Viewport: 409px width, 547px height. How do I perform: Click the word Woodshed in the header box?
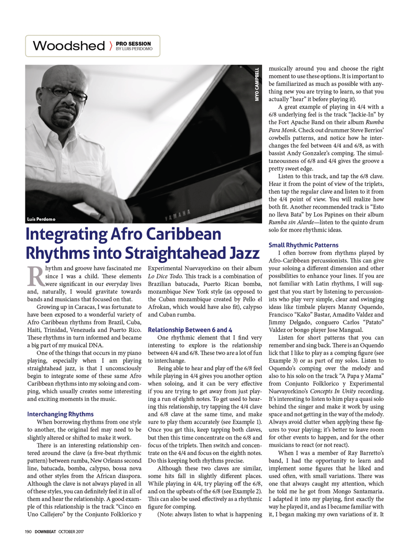pyautogui.click(x=69, y=46)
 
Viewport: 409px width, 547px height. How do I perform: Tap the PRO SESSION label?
pyautogui.click(x=133, y=44)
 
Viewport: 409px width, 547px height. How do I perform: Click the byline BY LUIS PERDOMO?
pyautogui.click(x=134, y=49)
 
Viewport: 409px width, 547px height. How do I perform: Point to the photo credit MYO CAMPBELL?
pyautogui.click(x=257, y=84)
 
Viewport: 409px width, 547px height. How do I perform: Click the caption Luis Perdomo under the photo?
pyautogui.click(x=41, y=219)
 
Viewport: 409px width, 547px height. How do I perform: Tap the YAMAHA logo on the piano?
pyautogui.click(x=178, y=215)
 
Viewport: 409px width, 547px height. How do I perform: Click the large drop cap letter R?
pyautogui.click(x=36, y=276)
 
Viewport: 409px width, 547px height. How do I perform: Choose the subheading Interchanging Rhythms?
pyautogui.click(x=60, y=414)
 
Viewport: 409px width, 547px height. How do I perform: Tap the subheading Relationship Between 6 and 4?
pyautogui.click(x=190, y=329)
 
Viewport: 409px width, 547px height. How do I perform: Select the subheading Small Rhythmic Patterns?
pyautogui.click(x=303, y=245)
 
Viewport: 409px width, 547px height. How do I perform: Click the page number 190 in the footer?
pyautogui.click(x=28, y=531)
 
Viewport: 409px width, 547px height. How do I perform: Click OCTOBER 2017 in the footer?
pyautogui.click(x=71, y=531)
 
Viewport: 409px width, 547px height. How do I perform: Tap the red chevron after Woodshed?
pyautogui.click(x=111, y=46)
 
